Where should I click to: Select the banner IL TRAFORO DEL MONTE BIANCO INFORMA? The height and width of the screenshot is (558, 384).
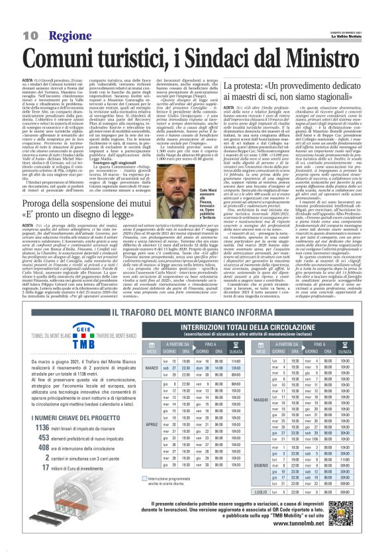pos(191,313)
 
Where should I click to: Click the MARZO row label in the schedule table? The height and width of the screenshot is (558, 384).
pos(152,367)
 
